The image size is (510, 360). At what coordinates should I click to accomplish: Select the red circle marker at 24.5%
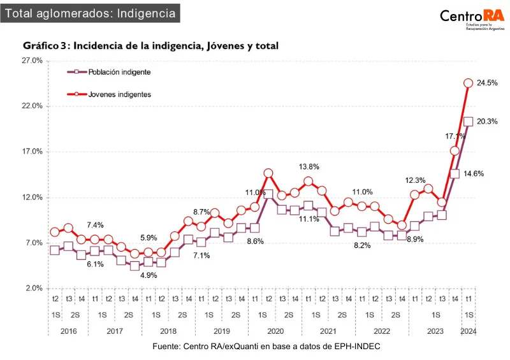(468, 83)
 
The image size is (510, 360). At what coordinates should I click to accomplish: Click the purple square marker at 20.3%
(468, 122)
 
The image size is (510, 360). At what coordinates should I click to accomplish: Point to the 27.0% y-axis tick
(32, 61)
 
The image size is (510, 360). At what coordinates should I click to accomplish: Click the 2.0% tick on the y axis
(33, 289)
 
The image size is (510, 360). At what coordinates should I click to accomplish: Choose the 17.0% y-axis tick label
(32, 152)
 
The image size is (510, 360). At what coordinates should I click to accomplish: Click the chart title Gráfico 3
(150, 46)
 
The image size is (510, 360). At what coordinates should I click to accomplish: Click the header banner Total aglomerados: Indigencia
(90, 13)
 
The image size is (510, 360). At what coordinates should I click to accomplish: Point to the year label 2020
(275, 331)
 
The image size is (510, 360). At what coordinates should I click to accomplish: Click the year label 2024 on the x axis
(468, 331)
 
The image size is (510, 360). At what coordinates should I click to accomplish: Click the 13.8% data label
(309, 166)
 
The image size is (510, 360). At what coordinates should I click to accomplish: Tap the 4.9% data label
(148, 276)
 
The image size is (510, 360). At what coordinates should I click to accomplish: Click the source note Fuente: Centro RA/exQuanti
(266, 345)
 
